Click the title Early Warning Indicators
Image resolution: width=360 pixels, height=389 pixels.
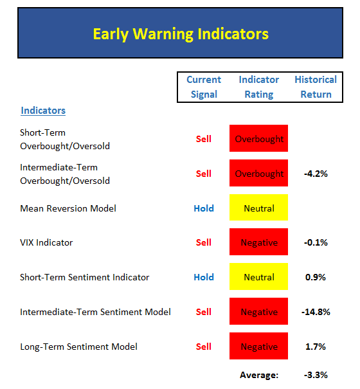[x=181, y=34]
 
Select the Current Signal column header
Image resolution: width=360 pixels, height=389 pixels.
[x=204, y=87]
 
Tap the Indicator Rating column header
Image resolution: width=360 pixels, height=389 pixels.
[x=259, y=87]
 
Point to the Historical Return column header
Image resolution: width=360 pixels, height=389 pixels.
[x=316, y=87]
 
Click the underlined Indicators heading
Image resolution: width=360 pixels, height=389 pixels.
[x=43, y=111]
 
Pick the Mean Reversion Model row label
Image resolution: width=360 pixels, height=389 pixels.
[x=68, y=208]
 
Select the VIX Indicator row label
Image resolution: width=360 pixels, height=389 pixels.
[x=46, y=242]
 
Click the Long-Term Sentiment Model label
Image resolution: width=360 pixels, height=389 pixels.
[x=78, y=347]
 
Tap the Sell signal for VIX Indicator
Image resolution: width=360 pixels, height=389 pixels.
[x=203, y=242]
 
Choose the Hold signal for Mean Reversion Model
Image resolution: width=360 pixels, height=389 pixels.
[x=204, y=208]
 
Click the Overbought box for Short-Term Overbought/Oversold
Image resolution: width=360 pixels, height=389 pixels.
[x=259, y=138]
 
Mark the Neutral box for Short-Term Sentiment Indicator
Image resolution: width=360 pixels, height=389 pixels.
[x=259, y=276]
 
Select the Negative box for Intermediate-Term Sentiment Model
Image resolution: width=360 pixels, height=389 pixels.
[x=259, y=311]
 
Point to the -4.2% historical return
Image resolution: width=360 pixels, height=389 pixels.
[x=316, y=174]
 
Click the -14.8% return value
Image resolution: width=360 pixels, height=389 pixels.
[x=316, y=312]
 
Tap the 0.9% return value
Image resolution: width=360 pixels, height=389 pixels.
[x=316, y=277]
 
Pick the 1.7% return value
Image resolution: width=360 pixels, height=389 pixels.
[x=316, y=347]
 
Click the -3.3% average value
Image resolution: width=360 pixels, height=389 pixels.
[x=316, y=375]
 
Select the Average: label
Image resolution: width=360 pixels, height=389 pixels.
[x=259, y=375]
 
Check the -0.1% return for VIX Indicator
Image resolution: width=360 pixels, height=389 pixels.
[x=316, y=242]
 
